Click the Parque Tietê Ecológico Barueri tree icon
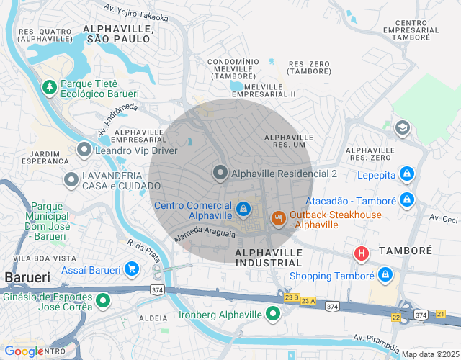pyautogui.click(x=50, y=87)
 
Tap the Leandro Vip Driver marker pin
pyautogui.click(x=84, y=150)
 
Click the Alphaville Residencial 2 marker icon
pyautogui.click(x=220, y=173)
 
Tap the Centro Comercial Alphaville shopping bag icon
pyautogui.click(x=244, y=209)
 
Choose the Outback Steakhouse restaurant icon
pyautogui.click(x=278, y=218)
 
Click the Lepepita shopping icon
pyautogui.click(x=407, y=174)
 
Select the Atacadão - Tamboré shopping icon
pyautogui.click(x=407, y=199)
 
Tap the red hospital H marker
pyautogui.click(x=361, y=253)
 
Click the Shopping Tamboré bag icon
pyautogui.click(x=385, y=275)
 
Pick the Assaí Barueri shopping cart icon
pyautogui.click(x=131, y=269)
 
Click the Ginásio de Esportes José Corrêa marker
pyautogui.click(x=103, y=300)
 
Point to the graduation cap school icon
pyautogui.click(x=403, y=127)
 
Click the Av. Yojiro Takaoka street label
pyautogui.click(x=136, y=12)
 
